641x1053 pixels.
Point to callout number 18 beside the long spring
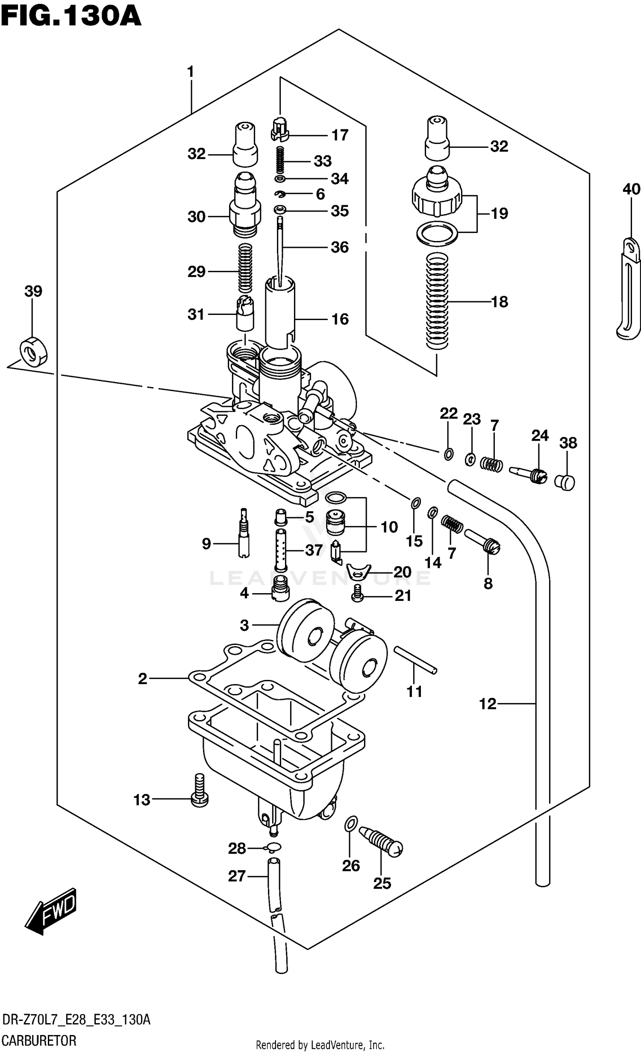click(499, 302)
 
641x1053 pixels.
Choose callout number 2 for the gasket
click(142, 679)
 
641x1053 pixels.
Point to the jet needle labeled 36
click(280, 252)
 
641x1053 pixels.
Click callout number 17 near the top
click(340, 135)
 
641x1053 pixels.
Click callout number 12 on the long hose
click(488, 703)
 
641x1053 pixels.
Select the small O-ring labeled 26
click(350, 824)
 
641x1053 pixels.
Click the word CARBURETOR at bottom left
click(39, 1039)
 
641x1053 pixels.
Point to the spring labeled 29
click(245, 271)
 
